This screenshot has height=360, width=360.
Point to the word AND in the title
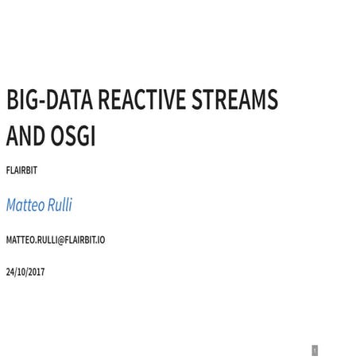25,136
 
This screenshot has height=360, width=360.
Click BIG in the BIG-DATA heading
21,100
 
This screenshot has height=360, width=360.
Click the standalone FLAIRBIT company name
21,170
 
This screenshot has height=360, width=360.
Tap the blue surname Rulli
60,205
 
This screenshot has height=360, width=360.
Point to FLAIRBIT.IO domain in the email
85,240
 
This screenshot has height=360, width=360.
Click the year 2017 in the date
36,272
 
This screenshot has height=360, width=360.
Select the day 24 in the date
10,272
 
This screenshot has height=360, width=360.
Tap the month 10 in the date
21,272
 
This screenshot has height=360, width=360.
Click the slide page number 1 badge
315,350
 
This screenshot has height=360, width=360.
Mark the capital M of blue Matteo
11,205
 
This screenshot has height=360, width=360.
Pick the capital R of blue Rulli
52,205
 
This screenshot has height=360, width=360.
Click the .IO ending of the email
99,240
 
